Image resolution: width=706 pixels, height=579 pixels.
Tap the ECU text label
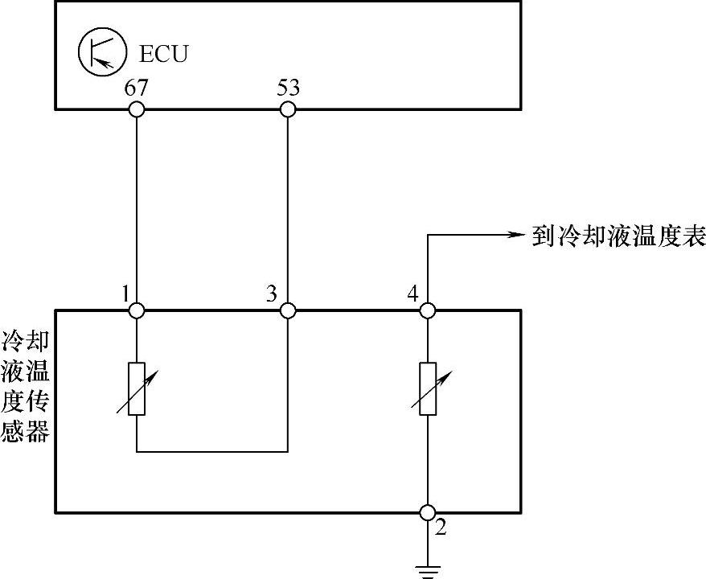coord(163,55)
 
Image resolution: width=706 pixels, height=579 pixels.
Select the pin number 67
coord(136,88)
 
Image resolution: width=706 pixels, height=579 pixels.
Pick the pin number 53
coord(287,88)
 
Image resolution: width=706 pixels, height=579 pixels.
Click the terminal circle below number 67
coord(137,109)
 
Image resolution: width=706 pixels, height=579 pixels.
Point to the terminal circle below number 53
coord(287,109)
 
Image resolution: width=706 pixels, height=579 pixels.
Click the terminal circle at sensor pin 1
coord(137,310)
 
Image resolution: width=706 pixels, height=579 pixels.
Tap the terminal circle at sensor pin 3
coord(287,310)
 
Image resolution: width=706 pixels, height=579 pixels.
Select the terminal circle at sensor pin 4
coord(428,310)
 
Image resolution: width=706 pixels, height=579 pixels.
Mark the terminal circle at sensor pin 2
coord(428,512)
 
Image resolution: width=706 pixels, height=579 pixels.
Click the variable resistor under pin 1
coord(137,388)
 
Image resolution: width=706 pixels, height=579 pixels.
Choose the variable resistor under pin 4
coord(428,388)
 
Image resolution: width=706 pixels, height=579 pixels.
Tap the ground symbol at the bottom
coord(428,572)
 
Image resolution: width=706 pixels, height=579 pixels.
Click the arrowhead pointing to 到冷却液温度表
coord(515,235)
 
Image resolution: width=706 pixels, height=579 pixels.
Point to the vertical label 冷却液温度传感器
coord(26,386)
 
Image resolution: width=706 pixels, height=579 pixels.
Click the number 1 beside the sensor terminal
coord(125,294)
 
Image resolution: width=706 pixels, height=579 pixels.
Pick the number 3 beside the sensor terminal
coord(271,294)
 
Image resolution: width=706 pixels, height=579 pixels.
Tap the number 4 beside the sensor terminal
coord(413,294)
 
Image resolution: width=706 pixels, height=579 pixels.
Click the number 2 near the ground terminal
coord(440,529)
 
